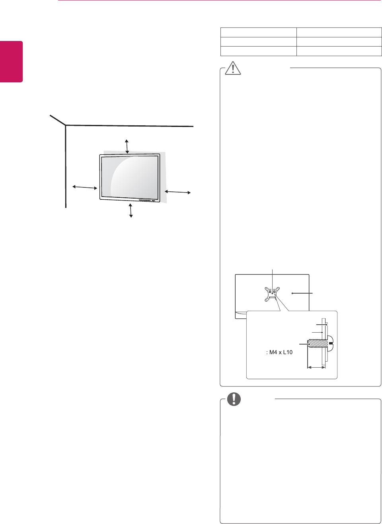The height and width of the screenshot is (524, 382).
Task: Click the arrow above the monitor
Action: (127, 146)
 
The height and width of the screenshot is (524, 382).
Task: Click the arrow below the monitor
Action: (131, 210)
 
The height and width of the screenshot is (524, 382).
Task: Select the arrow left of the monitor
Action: (85, 187)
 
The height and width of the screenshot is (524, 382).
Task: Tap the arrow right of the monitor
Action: (178, 192)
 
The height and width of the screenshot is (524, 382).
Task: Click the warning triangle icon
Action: (233, 68)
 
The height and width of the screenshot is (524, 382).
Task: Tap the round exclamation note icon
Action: (234, 399)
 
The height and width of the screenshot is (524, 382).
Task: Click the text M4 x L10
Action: (279, 352)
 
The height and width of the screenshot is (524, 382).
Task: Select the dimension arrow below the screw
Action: (316, 367)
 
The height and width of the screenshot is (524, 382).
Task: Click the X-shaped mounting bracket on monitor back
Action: (272, 294)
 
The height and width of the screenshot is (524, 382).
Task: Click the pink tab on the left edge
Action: (11, 62)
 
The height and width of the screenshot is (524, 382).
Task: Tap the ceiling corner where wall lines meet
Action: (66, 125)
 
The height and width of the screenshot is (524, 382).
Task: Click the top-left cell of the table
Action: (258, 33)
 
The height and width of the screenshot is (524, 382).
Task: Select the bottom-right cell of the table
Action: (339, 51)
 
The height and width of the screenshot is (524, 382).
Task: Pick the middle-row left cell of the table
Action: (258, 42)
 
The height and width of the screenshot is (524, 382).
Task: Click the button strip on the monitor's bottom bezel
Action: (146, 200)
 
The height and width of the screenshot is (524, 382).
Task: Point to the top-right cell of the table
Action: (339, 33)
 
